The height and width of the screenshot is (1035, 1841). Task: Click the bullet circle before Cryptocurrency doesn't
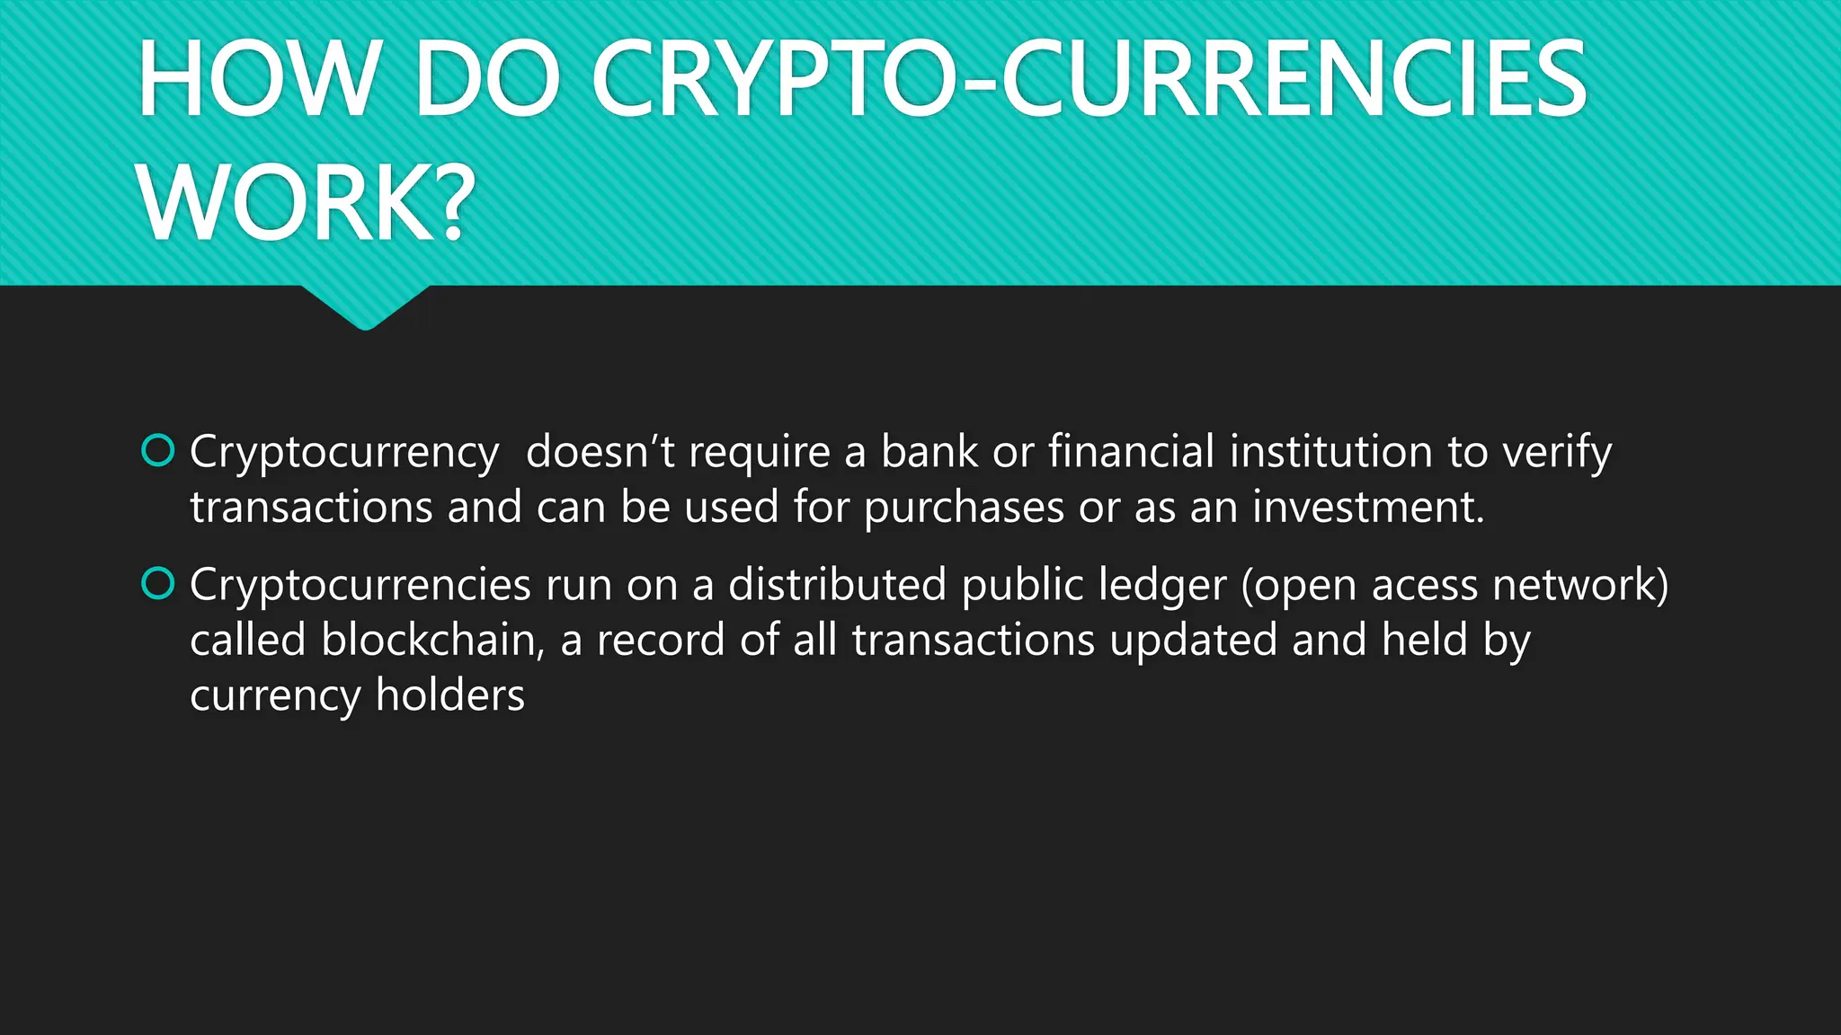(x=158, y=451)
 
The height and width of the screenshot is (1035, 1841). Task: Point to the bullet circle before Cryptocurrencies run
(x=158, y=584)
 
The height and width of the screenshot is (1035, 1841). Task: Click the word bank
(x=929, y=451)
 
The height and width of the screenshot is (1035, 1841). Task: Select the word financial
(x=1131, y=451)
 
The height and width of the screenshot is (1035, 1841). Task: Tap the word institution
(x=1330, y=451)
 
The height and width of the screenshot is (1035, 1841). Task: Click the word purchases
(x=964, y=509)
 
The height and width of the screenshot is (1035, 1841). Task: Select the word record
(x=661, y=640)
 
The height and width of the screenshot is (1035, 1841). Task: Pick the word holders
(x=449, y=695)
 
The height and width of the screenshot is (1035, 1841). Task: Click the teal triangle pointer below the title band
(x=365, y=306)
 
